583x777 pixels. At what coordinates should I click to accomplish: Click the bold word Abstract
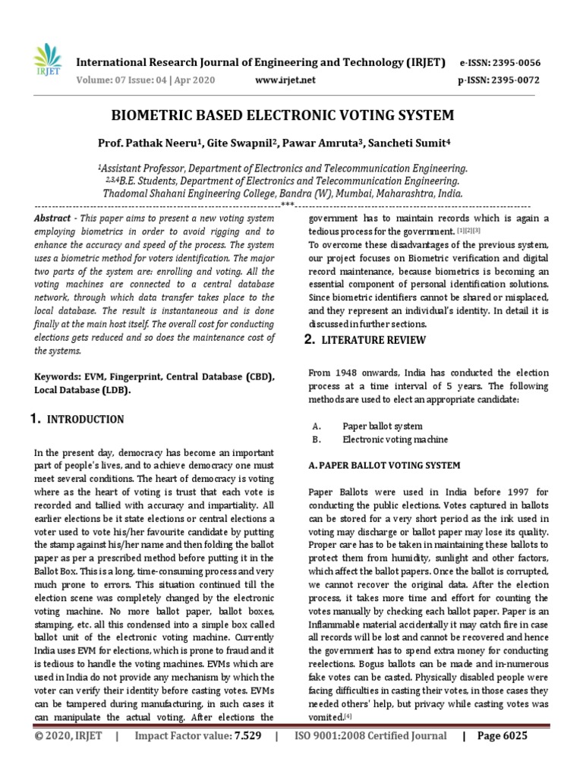pos(52,218)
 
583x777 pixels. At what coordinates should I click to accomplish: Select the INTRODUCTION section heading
pos(86,419)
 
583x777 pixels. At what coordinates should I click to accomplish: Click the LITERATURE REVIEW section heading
pos(376,340)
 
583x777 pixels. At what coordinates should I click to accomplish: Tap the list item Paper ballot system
pos(383,426)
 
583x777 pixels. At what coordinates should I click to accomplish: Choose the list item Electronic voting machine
pos(395,439)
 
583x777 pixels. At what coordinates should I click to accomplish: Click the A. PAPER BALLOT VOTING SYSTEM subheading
pos(384,464)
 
